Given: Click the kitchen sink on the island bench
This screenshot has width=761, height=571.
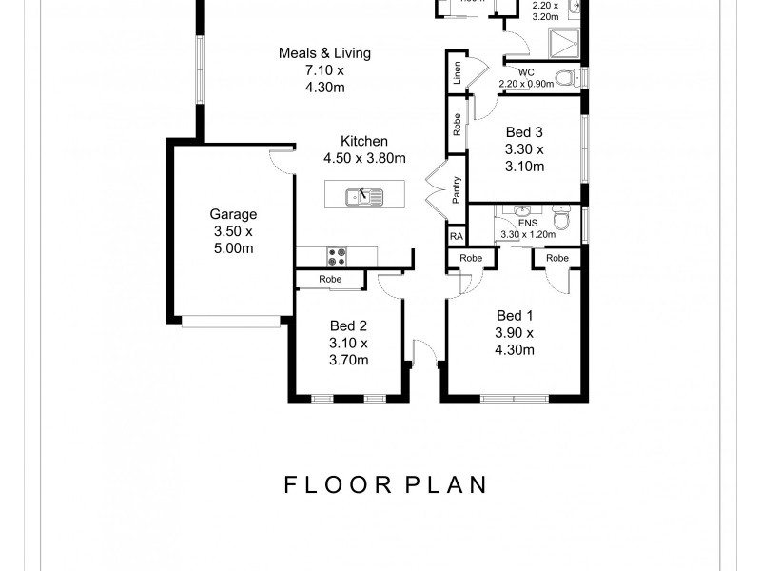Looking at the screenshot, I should click(x=363, y=198).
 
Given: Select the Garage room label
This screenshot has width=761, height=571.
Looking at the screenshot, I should click(x=233, y=215).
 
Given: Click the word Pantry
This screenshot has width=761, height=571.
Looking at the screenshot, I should click(x=458, y=190).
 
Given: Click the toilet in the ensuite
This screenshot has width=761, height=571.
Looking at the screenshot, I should click(x=563, y=221).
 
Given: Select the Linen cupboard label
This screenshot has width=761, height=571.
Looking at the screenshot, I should click(x=459, y=74).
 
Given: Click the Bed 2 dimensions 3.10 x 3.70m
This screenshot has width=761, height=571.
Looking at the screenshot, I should click(x=348, y=351).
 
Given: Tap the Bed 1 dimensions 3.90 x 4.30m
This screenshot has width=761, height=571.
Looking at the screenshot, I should click(x=514, y=341).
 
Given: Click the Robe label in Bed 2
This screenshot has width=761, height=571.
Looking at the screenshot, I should click(x=330, y=280).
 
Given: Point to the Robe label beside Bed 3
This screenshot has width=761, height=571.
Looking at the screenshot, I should click(x=458, y=126).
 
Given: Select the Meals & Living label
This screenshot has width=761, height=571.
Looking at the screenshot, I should click(x=324, y=53).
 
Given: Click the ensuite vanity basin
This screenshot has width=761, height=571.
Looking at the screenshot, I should click(x=521, y=210).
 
